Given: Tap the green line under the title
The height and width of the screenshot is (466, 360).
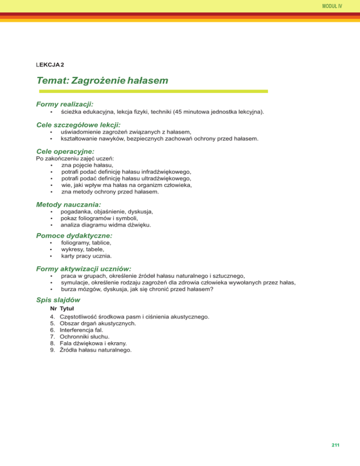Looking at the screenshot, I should [x=152, y=91].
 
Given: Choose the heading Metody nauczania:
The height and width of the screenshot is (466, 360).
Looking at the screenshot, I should [x=68, y=204].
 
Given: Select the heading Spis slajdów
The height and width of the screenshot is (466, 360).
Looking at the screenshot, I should [x=58, y=300].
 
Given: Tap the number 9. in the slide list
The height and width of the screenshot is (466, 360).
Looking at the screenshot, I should [x=52, y=349].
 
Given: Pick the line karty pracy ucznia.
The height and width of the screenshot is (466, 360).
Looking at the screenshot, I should [x=86, y=256].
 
